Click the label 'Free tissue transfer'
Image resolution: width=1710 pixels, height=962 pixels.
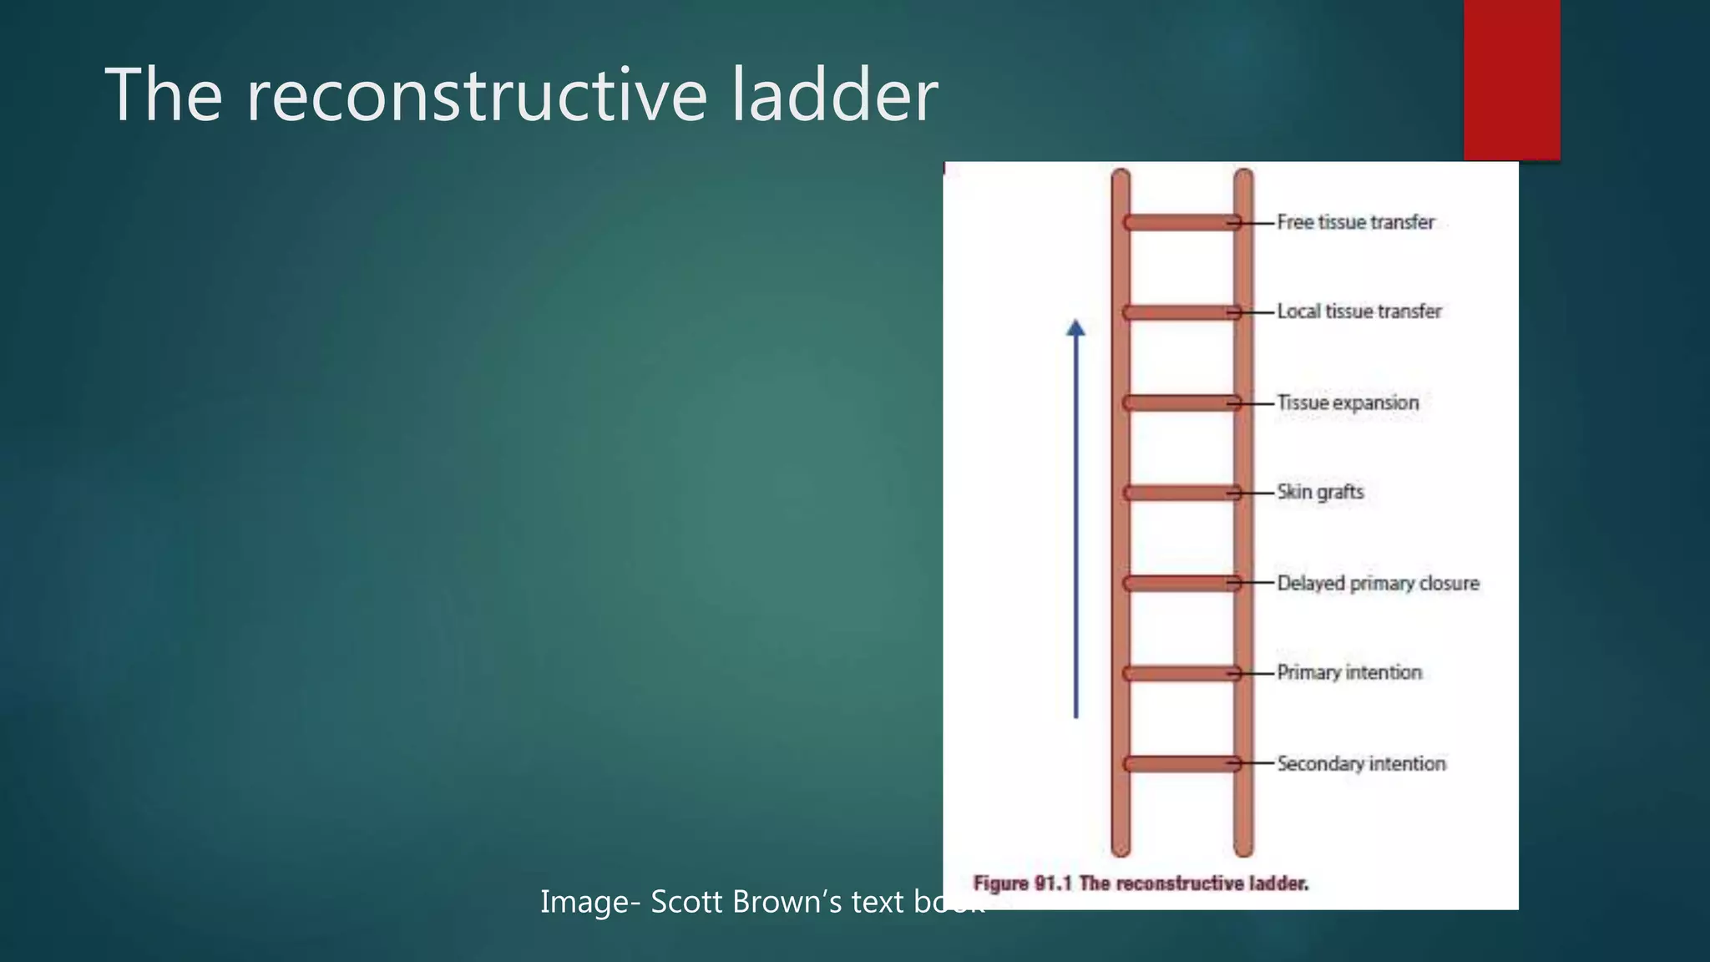(x=1356, y=222)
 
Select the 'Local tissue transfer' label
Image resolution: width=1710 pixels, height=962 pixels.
(x=1359, y=311)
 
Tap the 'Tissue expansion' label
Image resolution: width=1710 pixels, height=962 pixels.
(x=1348, y=403)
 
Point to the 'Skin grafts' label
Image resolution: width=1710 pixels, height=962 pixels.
(x=1320, y=492)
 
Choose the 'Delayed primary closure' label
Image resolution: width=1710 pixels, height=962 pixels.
(x=1378, y=583)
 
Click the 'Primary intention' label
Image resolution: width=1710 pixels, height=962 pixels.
(x=1349, y=672)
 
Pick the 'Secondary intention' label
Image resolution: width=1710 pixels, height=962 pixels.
(x=1361, y=763)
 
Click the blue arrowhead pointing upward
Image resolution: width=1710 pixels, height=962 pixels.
(x=1076, y=328)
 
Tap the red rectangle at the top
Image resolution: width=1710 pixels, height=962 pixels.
(x=1511, y=79)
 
